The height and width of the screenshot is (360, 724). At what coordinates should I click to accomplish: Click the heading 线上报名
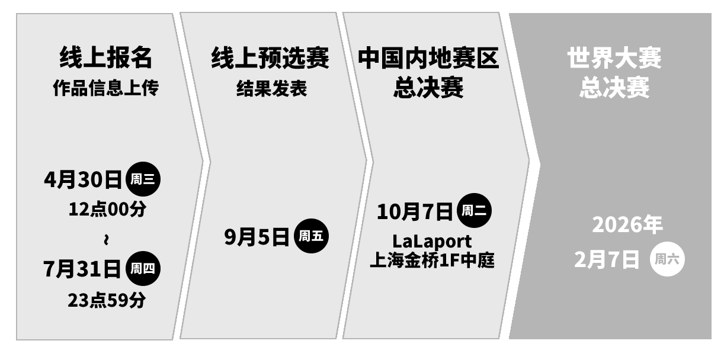pyautogui.click(x=106, y=58)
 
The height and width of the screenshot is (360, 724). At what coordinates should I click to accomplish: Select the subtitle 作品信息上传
pyautogui.click(x=106, y=89)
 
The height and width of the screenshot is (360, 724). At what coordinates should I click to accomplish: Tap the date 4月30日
pyautogui.click(x=82, y=179)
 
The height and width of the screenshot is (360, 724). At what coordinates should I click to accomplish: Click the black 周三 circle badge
pyautogui.click(x=142, y=179)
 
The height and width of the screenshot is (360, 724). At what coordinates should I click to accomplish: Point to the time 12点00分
pyautogui.click(x=107, y=210)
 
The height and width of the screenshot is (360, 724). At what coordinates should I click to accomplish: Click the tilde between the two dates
pyautogui.click(x=106, y=240)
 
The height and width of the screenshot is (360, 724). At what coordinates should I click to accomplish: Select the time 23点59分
pyautogui.click(x=107, y=300)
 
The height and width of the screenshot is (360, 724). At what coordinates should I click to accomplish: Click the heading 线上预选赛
pyautogui.click(x=270, y=58)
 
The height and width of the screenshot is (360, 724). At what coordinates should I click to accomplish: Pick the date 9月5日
pyautogui.click(x=257, y=237)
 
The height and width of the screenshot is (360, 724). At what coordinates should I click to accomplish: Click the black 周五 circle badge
pyautogui.click(x=311, y=237)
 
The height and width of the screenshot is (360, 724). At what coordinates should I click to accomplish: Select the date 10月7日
pyautogui.click(x=415, y=211)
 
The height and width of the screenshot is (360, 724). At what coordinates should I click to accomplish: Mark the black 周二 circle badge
pyautogui.click(x=474, y=211)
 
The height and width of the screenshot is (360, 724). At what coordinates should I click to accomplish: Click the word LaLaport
pyautogui.click(x=433, y=242)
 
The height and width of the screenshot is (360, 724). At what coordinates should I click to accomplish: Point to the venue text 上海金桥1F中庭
pyautogui.click(x=432, y=260)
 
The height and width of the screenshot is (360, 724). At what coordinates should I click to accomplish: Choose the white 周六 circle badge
pyautogui.click(x=667, y=259)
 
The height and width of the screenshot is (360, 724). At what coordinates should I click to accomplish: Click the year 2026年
pyautogui.click(x=627, y=225)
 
